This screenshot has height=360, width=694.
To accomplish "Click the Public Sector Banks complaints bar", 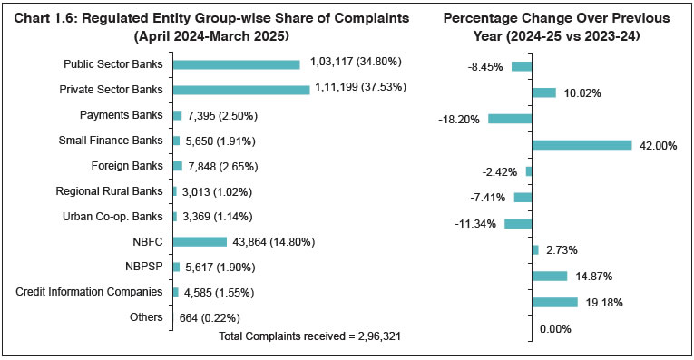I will coord(236,64).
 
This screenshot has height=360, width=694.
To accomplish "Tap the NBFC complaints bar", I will coord(199,241).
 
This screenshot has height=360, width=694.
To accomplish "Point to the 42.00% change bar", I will coord(582,145).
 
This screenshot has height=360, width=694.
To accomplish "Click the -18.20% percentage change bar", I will coord(510,119).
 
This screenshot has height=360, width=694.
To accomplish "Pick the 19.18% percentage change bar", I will coord(554,302).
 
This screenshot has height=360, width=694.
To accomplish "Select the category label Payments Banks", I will coord(122,115).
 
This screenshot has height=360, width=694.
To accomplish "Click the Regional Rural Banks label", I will coord(110,191).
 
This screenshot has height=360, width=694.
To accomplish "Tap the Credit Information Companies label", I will coord(90,292).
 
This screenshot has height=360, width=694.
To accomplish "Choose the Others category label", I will coord(146,317).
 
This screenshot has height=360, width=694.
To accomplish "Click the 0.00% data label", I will coord(555,329).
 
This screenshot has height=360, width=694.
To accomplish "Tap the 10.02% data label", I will coord(582,92).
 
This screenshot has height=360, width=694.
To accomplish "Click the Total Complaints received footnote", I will coord(310,336).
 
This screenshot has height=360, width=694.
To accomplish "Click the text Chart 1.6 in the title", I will coord(47,19).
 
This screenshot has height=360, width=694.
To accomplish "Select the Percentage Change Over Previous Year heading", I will coord(557,27).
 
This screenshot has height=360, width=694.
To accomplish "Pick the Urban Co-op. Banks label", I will coord(113,216).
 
